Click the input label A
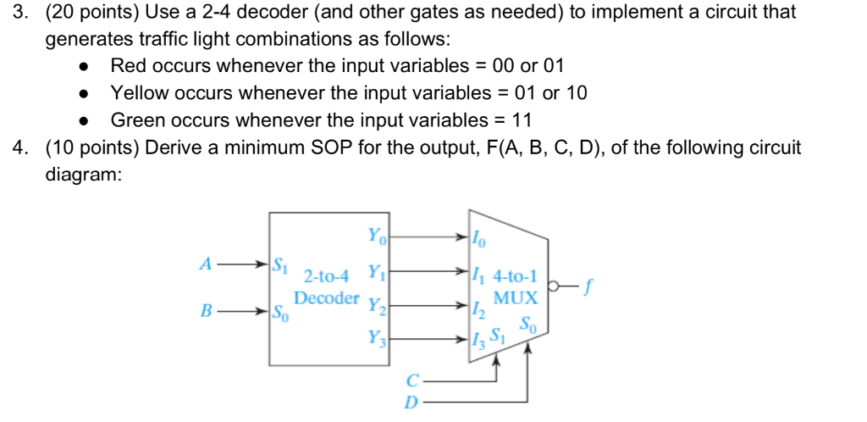(204, 264)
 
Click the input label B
(204, 310)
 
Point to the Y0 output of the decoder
(375, 235)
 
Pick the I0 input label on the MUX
(480, 240)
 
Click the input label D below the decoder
(411, 403)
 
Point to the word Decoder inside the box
(327, 298)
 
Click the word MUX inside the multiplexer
(516, 298)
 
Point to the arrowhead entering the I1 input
(464, 271)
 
